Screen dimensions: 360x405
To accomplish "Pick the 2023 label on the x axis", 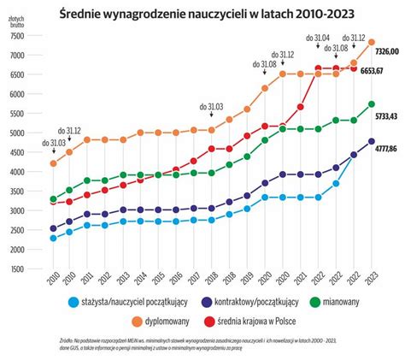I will (x=371, y=282).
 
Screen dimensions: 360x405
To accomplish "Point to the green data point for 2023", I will (x=371, y=104).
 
